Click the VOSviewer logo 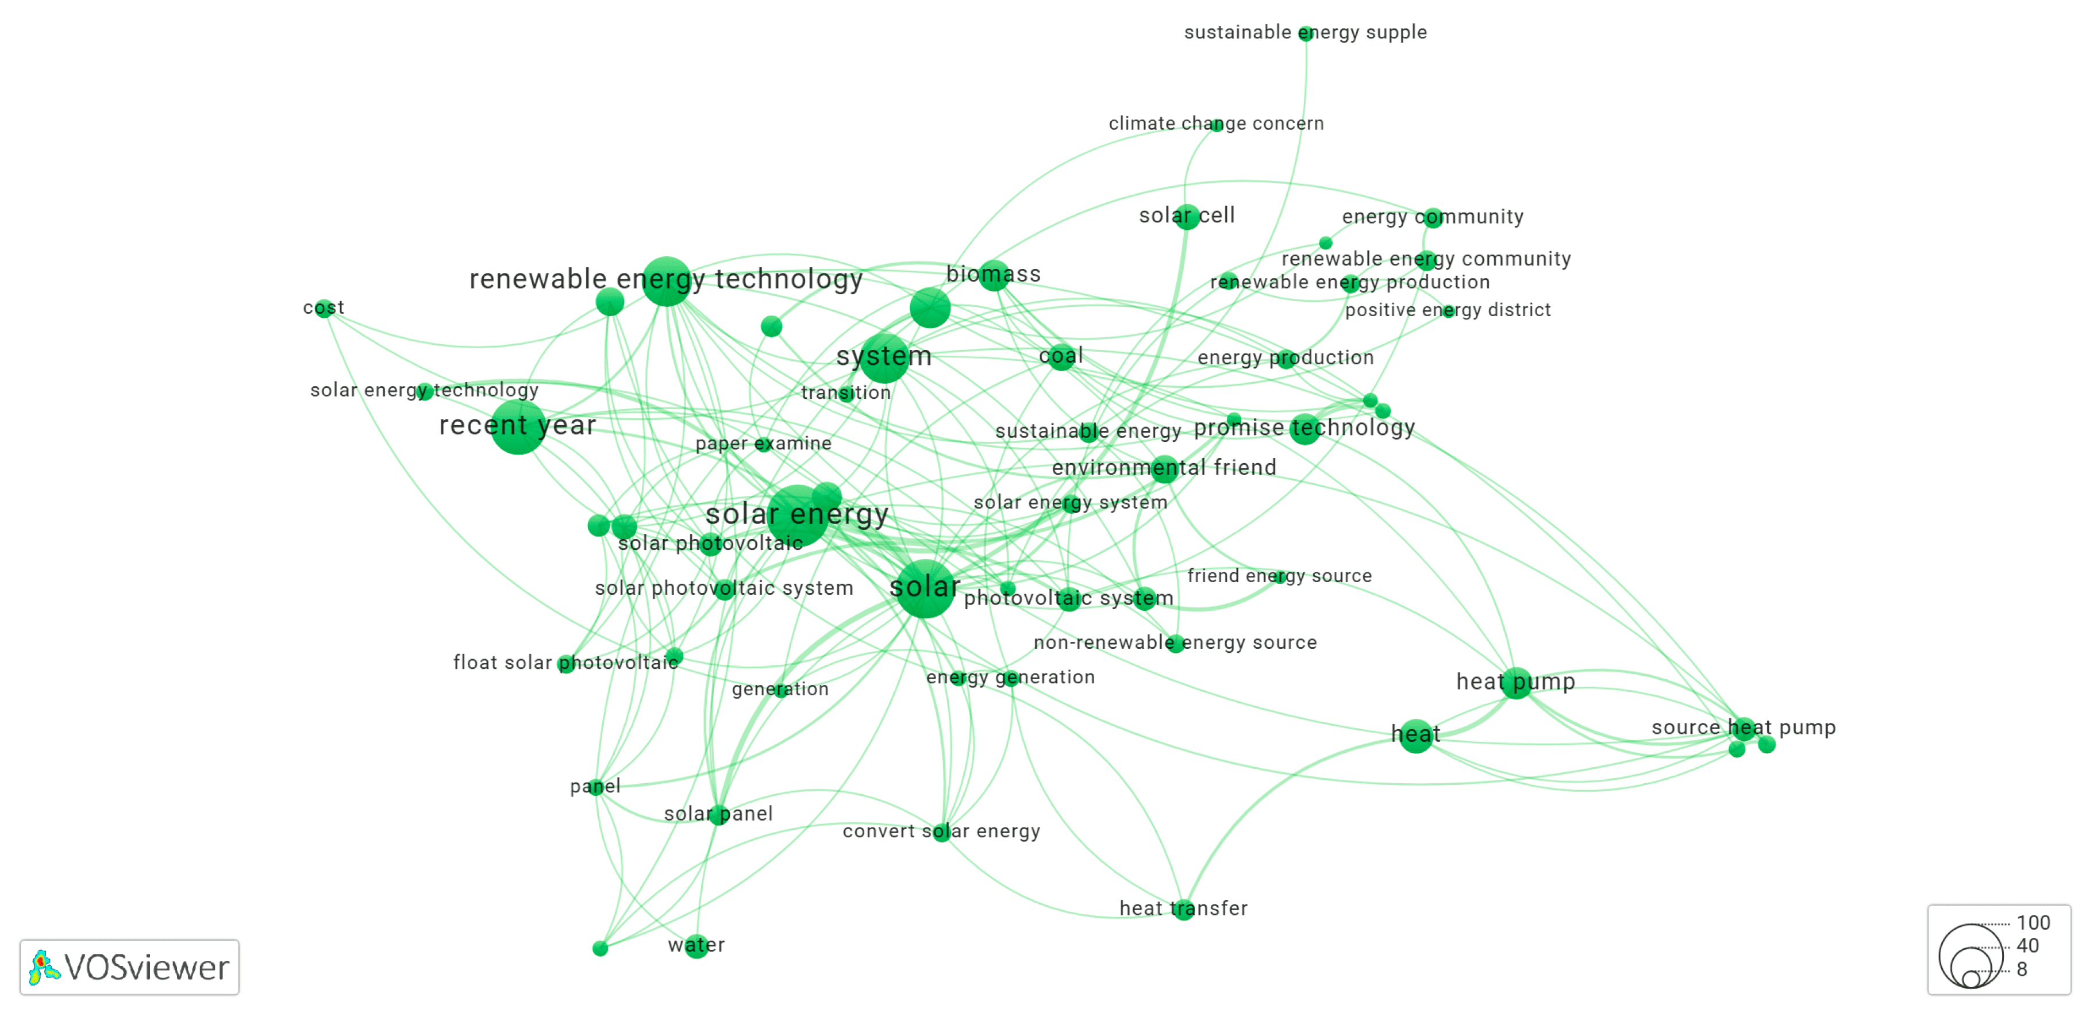click(x=129, y=967)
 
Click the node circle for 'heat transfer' click(x=1183, y=909)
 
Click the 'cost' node click(x=324, y=309)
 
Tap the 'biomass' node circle click(x=994, y=275)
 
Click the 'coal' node click(x=1061, y=356)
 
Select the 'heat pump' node click(x=1516, y=683)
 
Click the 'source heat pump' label click(x=1743, y=727)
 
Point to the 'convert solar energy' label click(x=941, y=831)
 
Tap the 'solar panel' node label click(x=718, y=814)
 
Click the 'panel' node click(x=596, y=787)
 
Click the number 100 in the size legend click(x=2033, y=923)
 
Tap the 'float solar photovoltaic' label click(x=565, y=663)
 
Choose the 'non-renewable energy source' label click(x=1175, y=643)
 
